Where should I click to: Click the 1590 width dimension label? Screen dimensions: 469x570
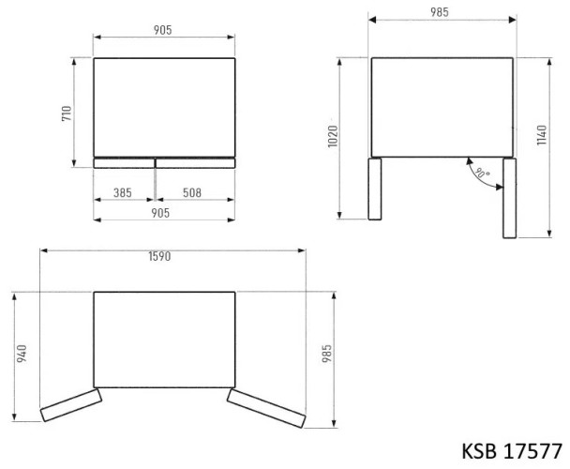pos(160,258)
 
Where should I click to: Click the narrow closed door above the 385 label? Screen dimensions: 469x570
pos(123,163)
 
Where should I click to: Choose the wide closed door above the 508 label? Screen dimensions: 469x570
pos(195,163)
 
